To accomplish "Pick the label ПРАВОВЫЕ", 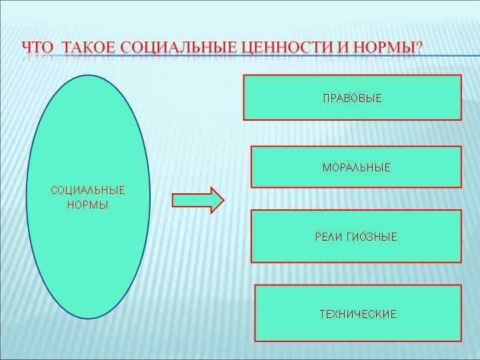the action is (x=352, y=99).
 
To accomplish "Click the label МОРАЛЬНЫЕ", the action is (x=356, y=168).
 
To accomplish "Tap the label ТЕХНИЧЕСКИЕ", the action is (x=358, y=314).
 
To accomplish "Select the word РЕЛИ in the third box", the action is (x=328, y=237).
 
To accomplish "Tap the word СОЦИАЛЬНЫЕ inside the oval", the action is (x=88, y=191).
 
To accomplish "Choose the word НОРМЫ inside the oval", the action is (x=88, y=205).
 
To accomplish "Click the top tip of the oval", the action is (x=88, y=76).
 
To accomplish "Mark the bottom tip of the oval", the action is (x=88, y=317).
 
